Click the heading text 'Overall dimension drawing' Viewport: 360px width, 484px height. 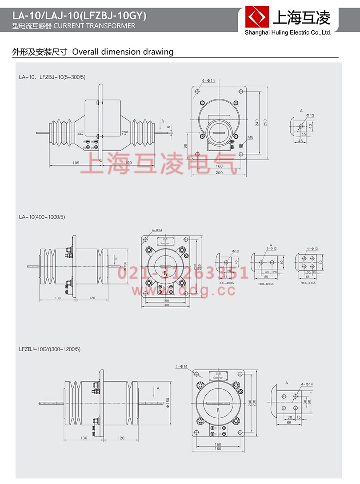123,52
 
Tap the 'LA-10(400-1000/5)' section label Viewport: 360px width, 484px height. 42,217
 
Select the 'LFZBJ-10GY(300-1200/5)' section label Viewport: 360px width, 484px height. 49,349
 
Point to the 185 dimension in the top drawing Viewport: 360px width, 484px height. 76,163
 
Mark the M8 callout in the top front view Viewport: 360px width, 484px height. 250,137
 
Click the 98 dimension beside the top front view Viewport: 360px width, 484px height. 185,146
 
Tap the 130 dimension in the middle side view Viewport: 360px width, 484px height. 58,297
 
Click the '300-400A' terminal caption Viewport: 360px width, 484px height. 227,283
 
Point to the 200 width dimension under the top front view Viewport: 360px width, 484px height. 219,172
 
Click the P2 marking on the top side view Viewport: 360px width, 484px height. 125,132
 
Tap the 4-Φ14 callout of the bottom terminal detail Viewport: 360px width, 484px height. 307,384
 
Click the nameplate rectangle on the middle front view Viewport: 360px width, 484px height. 165,241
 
